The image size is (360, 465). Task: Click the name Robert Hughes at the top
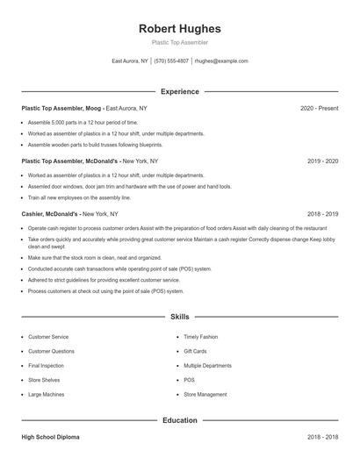(179, 28)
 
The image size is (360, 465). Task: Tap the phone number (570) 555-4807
(172, 61)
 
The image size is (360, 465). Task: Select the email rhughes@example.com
(221, 61)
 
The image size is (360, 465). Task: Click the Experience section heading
(179, 91)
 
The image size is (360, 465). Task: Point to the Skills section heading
(179, 316)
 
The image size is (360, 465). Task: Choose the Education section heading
(179, 420)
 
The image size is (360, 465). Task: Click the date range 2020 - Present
(319, 108)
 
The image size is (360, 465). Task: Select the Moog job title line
(84, 108)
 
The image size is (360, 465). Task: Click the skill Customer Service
(48, 337)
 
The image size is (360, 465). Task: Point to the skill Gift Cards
(195, 351)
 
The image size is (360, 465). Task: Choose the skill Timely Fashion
(199, 337)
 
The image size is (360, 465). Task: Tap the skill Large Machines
(47, 395)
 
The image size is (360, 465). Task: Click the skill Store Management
(205, 395)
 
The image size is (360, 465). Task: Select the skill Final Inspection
(47, 366)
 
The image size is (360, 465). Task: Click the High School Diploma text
(50, 436)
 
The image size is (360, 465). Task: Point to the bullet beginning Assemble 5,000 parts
(83, 122)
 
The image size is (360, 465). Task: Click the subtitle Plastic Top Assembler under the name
(179, 42)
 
